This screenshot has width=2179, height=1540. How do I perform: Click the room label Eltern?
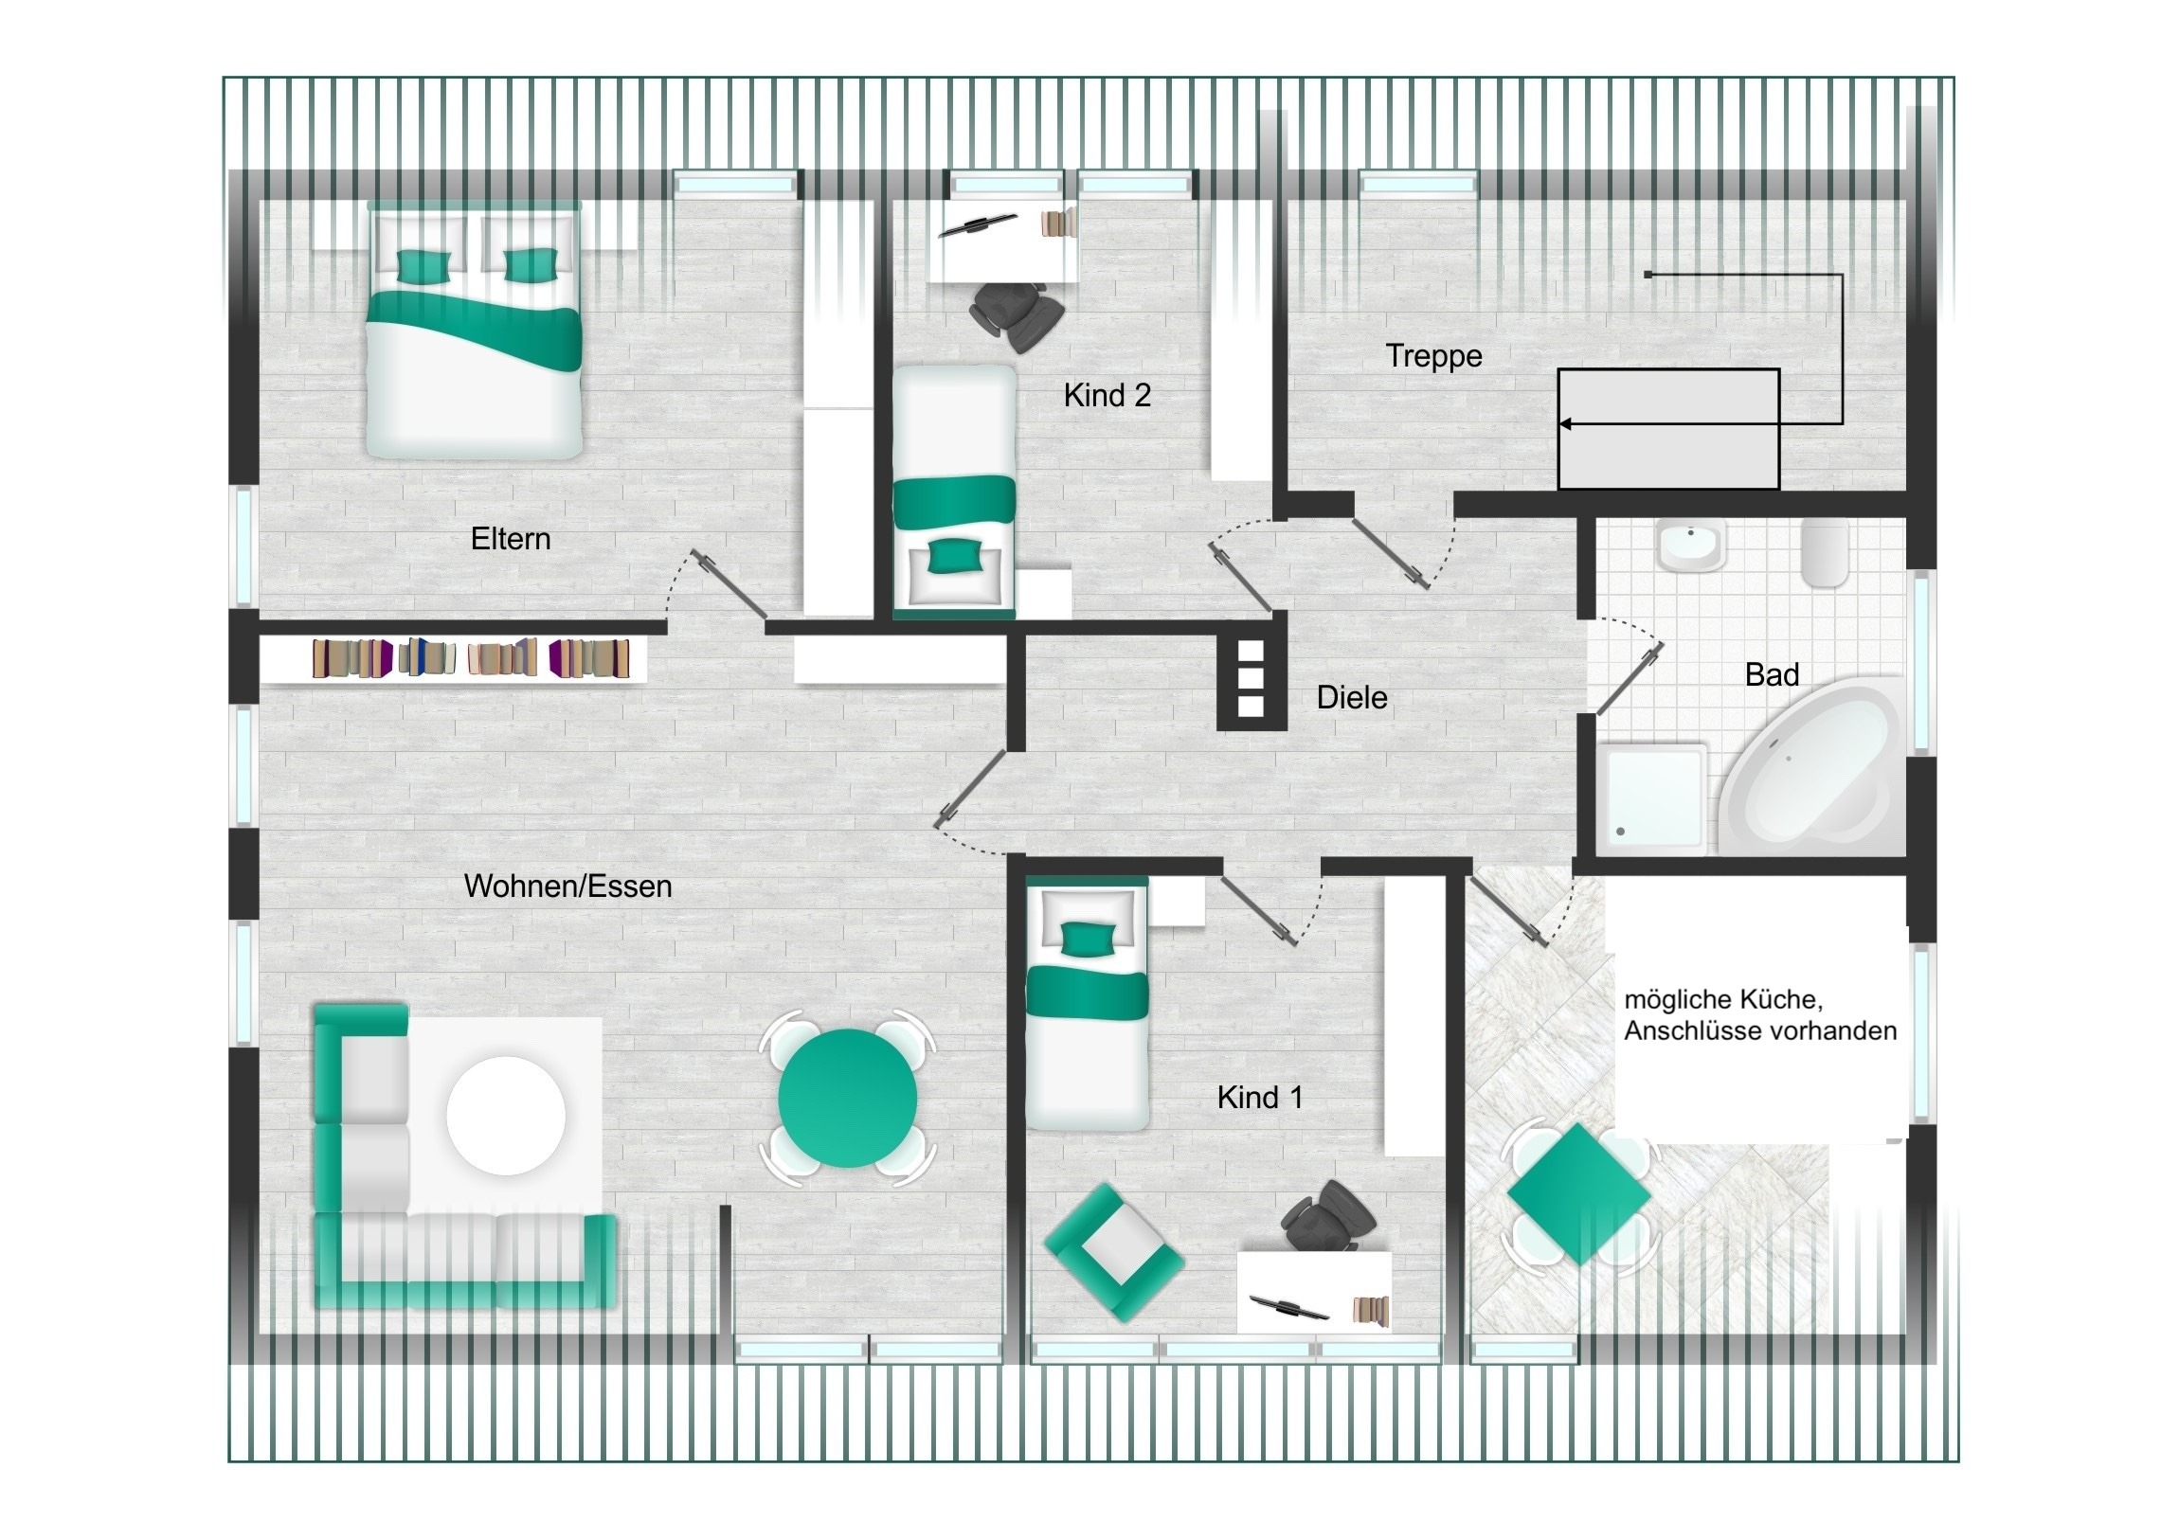[511, 539]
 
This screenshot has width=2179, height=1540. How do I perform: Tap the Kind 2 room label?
[1107, 395]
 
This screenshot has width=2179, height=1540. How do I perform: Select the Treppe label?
[1433, 357]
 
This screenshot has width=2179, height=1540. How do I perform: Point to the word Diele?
[1351, 697]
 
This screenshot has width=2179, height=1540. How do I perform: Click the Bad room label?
[1772, 674]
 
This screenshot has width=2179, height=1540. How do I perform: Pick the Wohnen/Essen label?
[567, 886]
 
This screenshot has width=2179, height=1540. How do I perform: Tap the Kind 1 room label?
[1259, 1098]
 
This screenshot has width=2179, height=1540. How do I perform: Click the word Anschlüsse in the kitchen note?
[1685, 1031]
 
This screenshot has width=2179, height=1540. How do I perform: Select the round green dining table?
[848, 1098]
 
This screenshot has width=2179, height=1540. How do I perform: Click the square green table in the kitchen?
[1579, 1194]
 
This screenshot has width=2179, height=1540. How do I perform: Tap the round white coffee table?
[506, 1116]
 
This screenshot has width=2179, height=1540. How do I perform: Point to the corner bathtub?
[1810, 766]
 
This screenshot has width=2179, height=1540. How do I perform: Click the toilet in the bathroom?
[1824, 552]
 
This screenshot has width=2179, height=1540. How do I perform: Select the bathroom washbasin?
[1690, 546]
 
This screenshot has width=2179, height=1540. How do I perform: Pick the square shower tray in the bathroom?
[1652, 796]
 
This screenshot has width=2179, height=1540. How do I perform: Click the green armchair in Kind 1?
[1114, 1252]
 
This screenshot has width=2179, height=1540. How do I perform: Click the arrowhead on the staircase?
[1566, 424]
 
